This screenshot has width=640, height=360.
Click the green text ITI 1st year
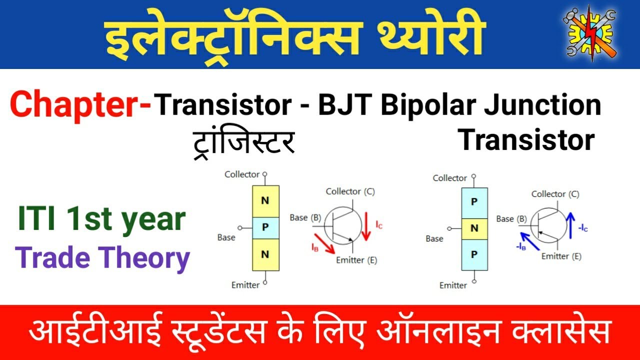click(102, 220)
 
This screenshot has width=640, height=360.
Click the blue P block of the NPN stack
click(265, 227)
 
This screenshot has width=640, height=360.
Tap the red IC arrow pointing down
click(367, 226)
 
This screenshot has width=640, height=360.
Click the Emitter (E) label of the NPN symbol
click(356, 260)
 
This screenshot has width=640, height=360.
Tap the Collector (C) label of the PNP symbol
click(555, 194)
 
